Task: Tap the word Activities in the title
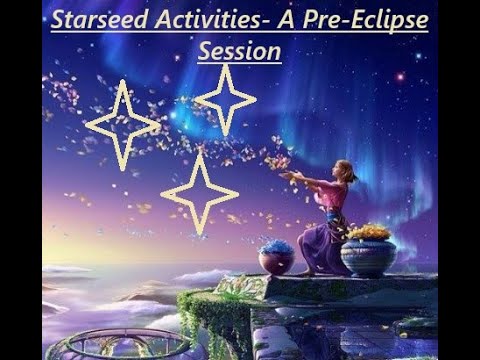coord(205,21)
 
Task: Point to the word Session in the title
coord(239,50)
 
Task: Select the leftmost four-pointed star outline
coord(122,125)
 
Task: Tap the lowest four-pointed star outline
coord(199,193)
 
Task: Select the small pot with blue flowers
coord(276,259)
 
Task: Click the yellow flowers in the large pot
coord(369,233)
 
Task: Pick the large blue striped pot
coord(369,257)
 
